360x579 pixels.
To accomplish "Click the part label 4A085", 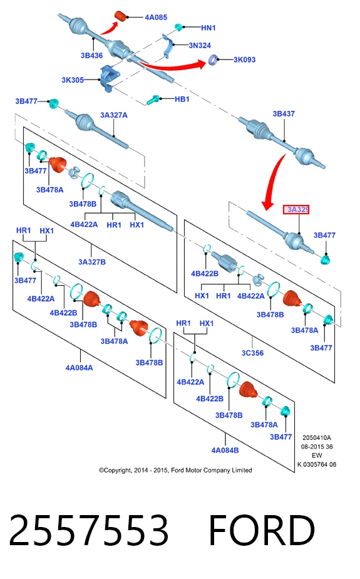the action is click(x=156, y=18).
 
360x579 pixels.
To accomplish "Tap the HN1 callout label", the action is click(x=208, y=28).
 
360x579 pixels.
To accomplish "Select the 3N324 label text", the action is click(x=200, y=45).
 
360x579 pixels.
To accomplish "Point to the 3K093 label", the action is click(x=245, y=60).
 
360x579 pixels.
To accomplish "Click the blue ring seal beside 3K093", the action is click(x=213, y=60).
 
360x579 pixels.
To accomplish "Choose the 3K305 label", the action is click(x=73, y=80).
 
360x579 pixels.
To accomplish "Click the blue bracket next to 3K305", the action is click(x=109, y=78).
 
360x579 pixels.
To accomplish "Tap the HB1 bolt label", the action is click(x=182, y=100).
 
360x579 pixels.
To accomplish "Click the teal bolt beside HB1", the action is click(x=153, y=100).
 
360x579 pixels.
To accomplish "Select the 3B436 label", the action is click(x=92, y=55).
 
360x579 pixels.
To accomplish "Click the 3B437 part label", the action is click(x=284, y=114).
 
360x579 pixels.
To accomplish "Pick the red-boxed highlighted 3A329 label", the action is click(x=296, y=210).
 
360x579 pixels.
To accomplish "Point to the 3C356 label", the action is click(x=253, y=353).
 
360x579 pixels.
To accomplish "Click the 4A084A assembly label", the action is click(x=80, y=368).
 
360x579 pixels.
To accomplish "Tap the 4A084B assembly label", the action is click(x=225, y=451).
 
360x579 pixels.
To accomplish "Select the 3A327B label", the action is click(x=92, y=262).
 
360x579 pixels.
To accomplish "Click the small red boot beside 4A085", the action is click(x=121, y=16).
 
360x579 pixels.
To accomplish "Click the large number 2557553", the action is click(x=89, y=530).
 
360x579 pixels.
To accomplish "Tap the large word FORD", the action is click(x=262, y=530).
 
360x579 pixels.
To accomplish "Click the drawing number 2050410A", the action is click(x=317, y=437).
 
